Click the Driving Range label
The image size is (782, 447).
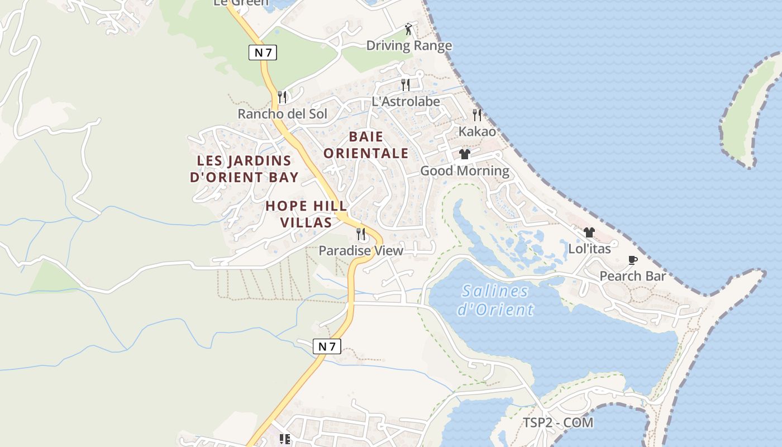coord(409,46)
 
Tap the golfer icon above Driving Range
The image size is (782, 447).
coord(409,28)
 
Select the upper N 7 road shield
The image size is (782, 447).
coord(263,53)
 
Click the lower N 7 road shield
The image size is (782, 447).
coord(327,346)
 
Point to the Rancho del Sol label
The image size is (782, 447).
coord(282,114)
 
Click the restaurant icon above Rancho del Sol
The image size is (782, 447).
coord(282,97)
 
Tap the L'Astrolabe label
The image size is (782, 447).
coord(406,102)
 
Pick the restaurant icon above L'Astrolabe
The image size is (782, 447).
coord(406,85)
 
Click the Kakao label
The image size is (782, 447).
coord(477,131)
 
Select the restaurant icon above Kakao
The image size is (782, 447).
coord(477,115)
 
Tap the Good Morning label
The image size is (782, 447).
coord(465,171)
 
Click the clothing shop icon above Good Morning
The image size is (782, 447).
coord(465,154)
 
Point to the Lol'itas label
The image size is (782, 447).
coord(589,249)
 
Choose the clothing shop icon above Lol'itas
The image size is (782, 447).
coord(589,232)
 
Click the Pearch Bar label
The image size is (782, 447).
coord(633,276)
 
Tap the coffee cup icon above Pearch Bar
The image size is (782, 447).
coord(633,260)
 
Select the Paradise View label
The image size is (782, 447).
coord(361,251)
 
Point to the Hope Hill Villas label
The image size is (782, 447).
coord(306,214)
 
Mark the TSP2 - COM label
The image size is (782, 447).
coord(558,423)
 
